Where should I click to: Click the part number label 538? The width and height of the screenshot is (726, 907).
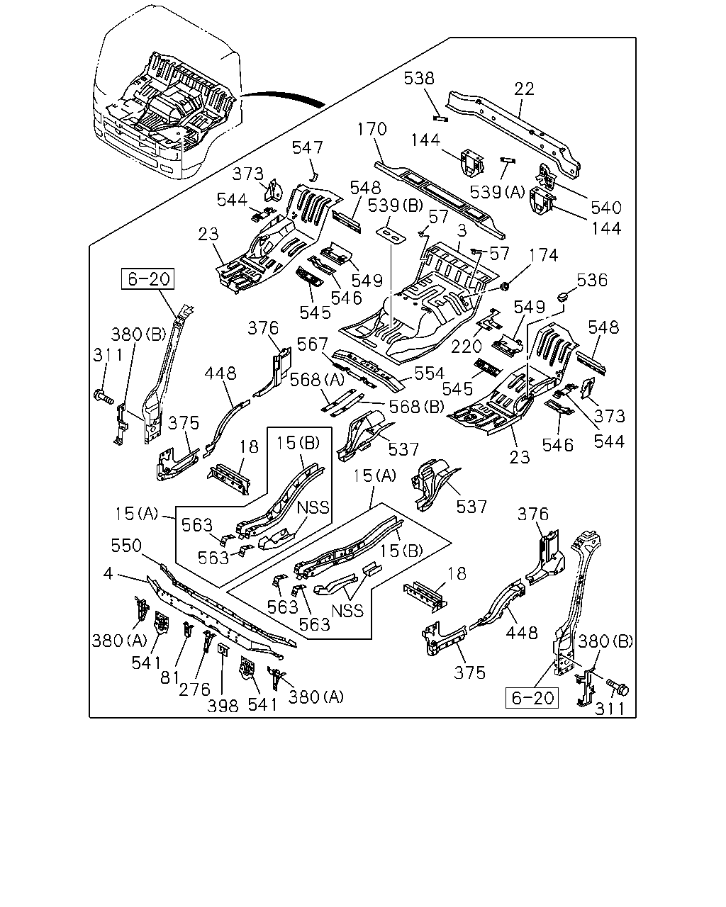coord(419,79)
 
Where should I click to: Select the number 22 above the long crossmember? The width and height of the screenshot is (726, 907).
coord(525,89)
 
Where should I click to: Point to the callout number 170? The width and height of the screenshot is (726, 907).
coord(372,129)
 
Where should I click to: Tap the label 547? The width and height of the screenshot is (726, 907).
coord(308,148)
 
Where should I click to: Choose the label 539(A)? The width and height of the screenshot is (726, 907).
coord(497,193)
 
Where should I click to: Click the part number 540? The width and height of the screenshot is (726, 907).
coord(606,208)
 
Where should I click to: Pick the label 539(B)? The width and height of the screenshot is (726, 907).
coord(396,205)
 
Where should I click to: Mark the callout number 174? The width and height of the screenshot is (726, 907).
coord(543,255)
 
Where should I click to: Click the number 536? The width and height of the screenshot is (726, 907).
coord(592,281)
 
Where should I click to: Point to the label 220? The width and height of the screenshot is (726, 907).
coord(466,347)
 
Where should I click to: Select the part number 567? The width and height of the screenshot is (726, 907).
coord(312,345)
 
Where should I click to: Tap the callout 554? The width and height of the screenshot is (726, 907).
coord(430,373)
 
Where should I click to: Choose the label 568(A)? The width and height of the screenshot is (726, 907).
coord(317,381)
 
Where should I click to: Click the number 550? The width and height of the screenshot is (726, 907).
coord(126,546)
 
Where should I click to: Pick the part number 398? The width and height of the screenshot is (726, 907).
coord(223,706)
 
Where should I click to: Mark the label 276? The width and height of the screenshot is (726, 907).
coord(194,690)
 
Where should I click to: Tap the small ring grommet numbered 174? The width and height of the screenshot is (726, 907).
coord(504,286)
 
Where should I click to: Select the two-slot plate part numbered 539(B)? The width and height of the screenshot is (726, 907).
coord(391,235)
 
